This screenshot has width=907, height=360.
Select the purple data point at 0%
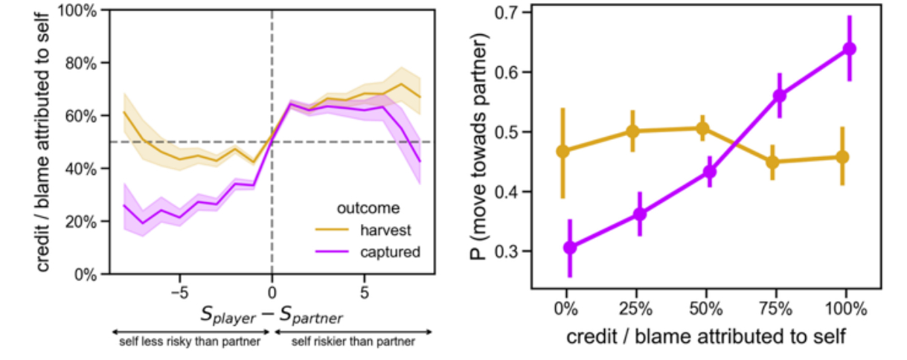click(570, 248)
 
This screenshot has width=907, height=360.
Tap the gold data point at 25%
click(632, 132)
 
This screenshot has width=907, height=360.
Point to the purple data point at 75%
click(779, 95)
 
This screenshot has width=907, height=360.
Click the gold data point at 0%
click(563, 151)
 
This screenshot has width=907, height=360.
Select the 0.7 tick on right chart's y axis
click(511, 13)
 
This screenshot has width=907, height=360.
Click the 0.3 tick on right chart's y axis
click(511, 251)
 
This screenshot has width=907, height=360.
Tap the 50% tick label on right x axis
click(706, 306)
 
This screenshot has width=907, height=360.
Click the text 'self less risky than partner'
click(188, 343)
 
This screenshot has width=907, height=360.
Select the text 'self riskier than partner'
click(352, 343)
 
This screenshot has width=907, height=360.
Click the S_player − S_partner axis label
click(271, 315)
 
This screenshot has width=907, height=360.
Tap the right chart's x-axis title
click(705, 336)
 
